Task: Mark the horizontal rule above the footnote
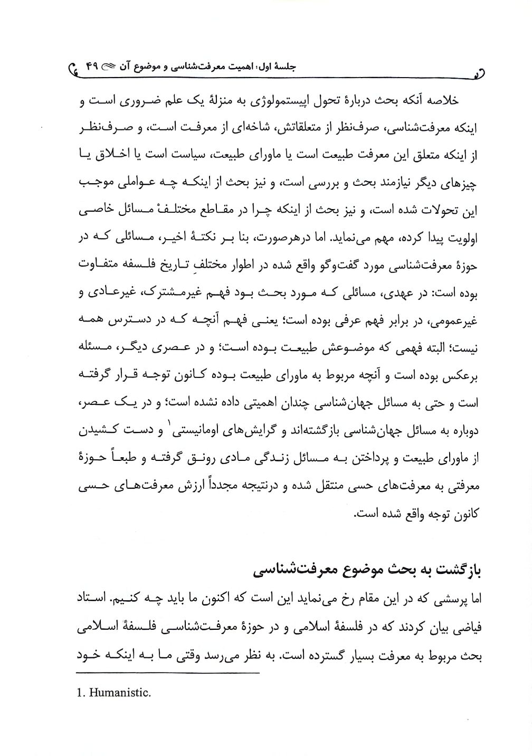(168, 674)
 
